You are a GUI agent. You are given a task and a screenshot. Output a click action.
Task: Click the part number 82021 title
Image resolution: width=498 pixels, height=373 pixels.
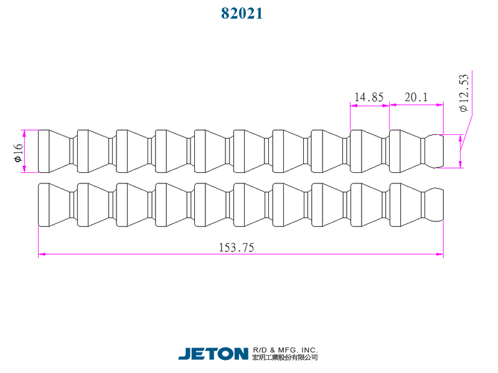(242, 13)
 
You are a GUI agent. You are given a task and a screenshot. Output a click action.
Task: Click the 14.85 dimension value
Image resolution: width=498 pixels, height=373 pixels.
(369, 97)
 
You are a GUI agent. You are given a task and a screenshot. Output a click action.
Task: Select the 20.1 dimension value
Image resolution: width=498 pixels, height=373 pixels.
(416, 97)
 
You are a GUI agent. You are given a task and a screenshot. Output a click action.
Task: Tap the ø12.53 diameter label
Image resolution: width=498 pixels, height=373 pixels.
(464, 93)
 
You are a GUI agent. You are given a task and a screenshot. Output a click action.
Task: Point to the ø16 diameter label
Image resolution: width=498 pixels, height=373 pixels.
(19, 152)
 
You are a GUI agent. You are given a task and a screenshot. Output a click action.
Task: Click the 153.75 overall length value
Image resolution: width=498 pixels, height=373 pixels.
(237, 247)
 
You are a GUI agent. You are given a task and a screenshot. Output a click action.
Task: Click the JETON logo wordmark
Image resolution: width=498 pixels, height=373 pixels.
(213, 354)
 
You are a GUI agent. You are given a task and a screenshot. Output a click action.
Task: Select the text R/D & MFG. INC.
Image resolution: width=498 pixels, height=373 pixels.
(285, 350)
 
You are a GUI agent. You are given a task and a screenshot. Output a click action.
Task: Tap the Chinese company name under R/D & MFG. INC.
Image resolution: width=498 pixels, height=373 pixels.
(285, 357)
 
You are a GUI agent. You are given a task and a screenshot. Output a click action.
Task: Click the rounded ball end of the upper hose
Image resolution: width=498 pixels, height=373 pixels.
(435, 151)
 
